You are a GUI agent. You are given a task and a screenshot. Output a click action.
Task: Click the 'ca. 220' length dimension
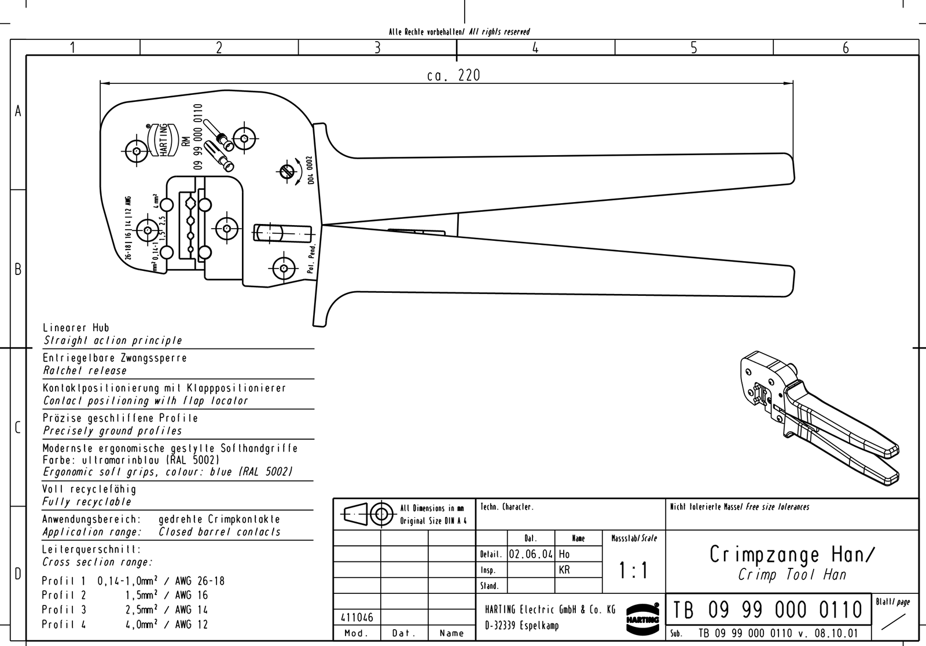(x=453, y=75)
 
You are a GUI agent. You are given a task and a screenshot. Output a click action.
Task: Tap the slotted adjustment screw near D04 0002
(x=285, y=171)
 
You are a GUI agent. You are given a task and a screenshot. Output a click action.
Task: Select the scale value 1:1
(x=634, y=571)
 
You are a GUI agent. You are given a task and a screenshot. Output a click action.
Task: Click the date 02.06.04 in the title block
(x=531, y=554)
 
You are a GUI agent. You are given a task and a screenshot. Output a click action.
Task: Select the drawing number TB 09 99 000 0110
(x=768, y=610)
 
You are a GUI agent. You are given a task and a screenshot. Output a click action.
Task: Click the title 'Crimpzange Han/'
(x=792, y=555)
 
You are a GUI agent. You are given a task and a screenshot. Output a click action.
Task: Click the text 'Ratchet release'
(x=85, y=370)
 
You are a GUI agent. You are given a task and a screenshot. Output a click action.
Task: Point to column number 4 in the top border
(x=535, y=48)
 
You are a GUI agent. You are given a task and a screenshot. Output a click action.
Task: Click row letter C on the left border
(x=18, y=428)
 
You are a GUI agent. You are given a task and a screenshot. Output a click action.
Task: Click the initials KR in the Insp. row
(x=564, y=570)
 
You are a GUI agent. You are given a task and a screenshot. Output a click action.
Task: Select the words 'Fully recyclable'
(x=87, y=502)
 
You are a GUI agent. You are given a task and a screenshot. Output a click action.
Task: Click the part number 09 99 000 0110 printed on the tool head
(x=198, y=137)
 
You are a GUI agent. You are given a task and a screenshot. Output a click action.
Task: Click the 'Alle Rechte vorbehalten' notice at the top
(x=425, y=32)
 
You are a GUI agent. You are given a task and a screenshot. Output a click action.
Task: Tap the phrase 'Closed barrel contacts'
(x=219, y=532)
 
